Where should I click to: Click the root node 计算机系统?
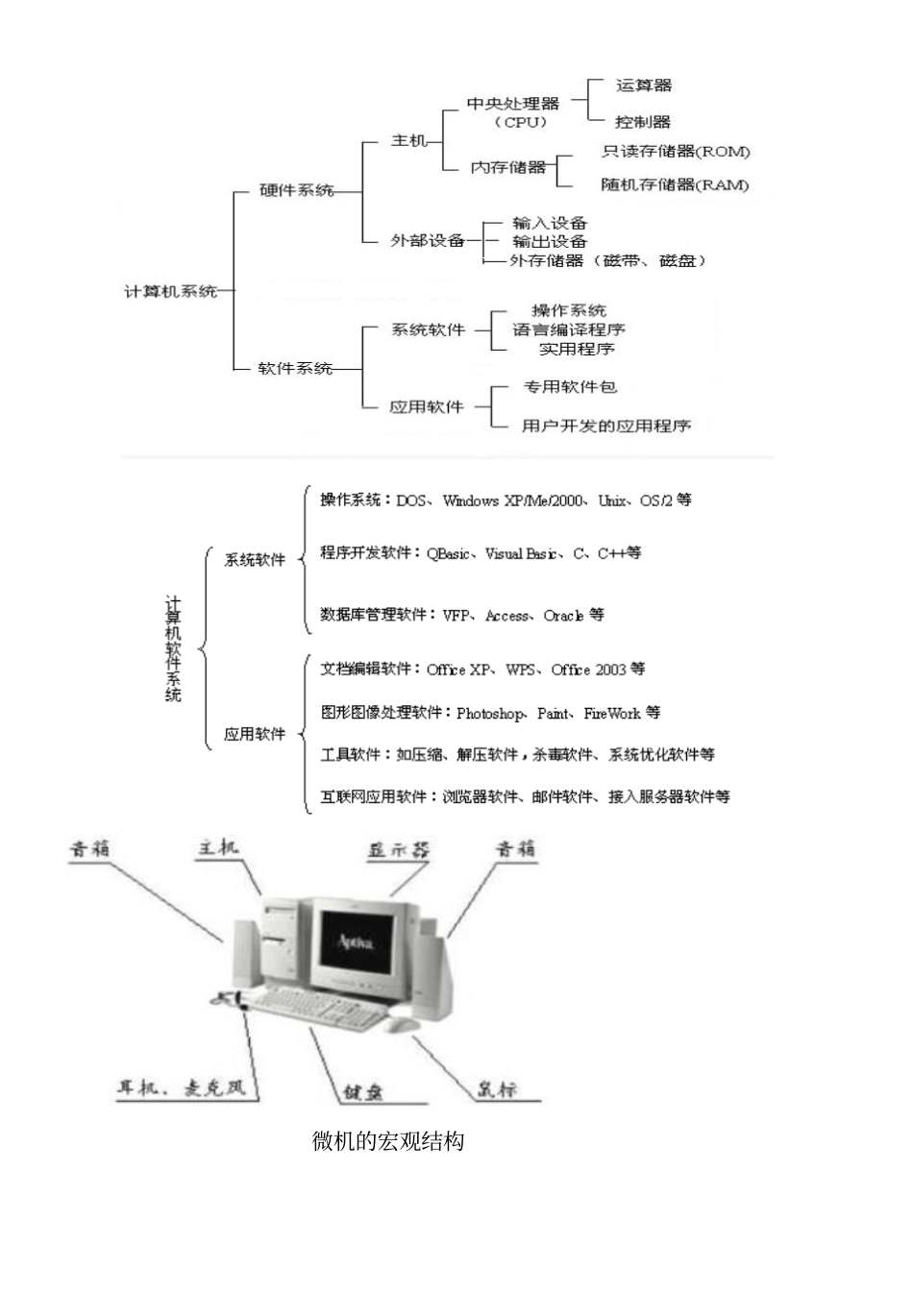(x=171, y=291)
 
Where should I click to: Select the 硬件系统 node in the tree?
(x=297, y=190)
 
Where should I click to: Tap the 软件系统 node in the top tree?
(x=295, y=368)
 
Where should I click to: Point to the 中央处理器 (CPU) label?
(x=513, y=111)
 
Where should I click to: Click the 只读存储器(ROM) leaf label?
(x=676, y=151)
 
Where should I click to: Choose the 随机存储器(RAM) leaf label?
(x=675, y=184)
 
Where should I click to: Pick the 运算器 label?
(x=643, y=85)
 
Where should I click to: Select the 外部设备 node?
(x=427, y=240)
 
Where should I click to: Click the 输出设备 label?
(x=549, y=241)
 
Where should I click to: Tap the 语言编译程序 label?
(x=568, y=329)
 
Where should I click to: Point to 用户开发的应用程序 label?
(x=605, y=425)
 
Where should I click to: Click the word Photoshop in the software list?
(x=490, y=714)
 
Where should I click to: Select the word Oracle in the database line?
(x=563, y=616)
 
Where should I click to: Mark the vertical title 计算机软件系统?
(x=173, y=648)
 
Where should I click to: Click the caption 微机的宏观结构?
(x=388, y=1141)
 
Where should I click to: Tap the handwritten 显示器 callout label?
(x=399, y=850)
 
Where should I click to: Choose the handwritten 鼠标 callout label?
(x=497, y=1088)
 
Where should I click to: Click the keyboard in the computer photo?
(x=317, y=1009)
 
